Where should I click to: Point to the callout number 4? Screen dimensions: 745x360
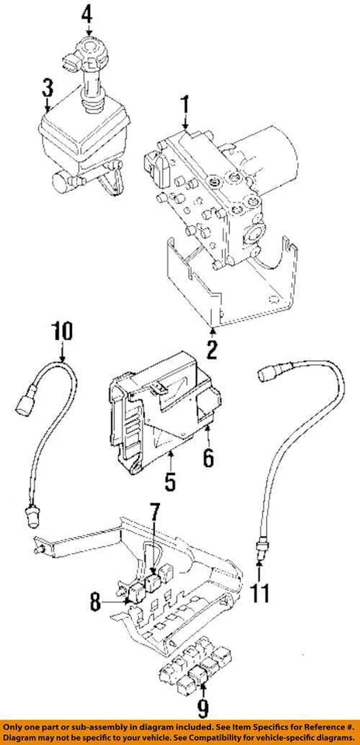87,14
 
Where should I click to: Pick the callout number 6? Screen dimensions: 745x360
207,458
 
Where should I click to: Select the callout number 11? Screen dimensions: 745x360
262,593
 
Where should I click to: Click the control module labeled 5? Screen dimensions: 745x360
159,415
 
